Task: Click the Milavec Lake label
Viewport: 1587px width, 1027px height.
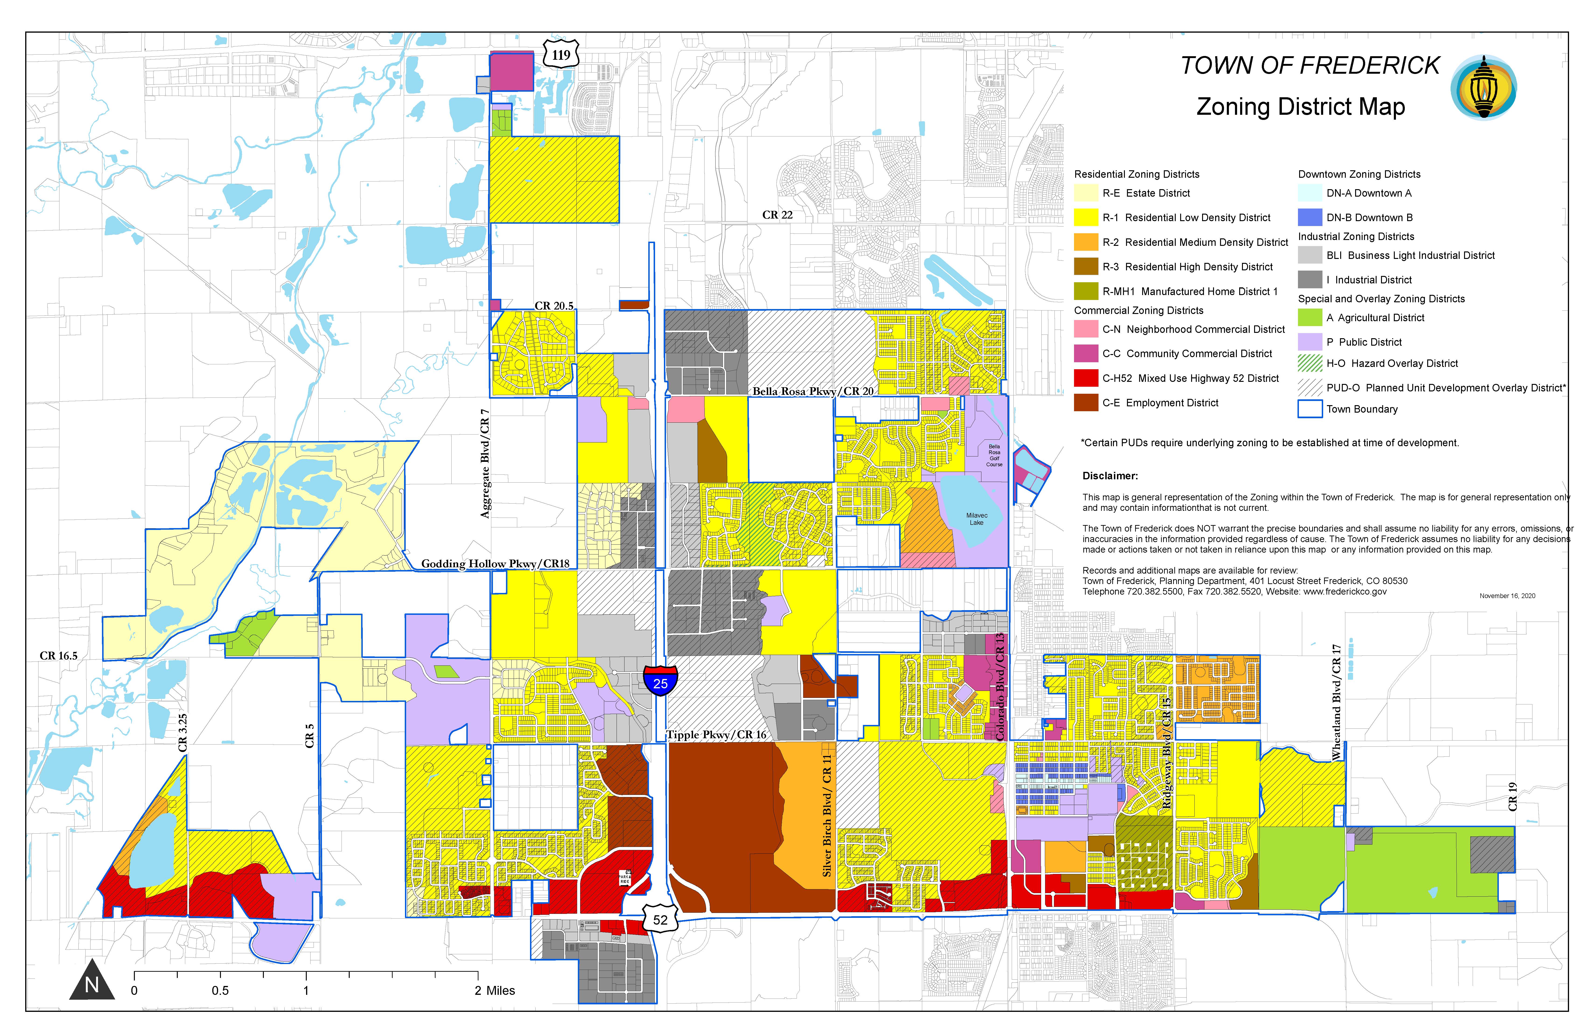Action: point(976,519)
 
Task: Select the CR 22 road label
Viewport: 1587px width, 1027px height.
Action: point(778,215)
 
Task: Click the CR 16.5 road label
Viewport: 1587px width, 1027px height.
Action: point(59,655)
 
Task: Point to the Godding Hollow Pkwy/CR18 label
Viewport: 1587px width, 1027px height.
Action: point(495,564)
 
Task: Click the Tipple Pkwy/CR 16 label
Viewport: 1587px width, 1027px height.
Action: point(716,734)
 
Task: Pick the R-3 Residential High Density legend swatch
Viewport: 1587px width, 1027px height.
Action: point(1085,267)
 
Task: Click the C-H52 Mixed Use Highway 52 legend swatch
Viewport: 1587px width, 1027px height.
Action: point(1085,378)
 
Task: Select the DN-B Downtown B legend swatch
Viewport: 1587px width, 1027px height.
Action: point(1310,217)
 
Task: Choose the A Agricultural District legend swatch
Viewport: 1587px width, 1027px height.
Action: point(1310,317)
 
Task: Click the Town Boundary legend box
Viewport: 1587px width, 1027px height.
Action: point(1310,409)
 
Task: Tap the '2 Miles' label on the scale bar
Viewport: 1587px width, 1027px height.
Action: point(495,990)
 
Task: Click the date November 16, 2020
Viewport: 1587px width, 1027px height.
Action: point(1507,595)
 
